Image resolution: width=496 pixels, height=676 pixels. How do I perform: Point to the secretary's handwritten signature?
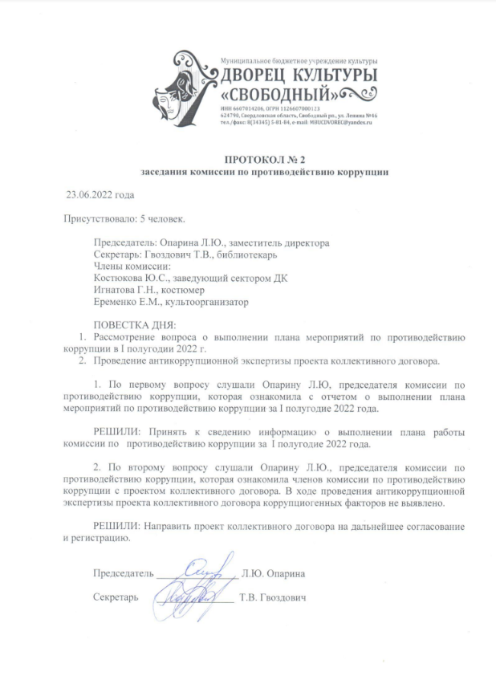(x=193, y=597)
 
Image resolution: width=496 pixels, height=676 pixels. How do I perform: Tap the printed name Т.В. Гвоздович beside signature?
(x=273, y=598)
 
